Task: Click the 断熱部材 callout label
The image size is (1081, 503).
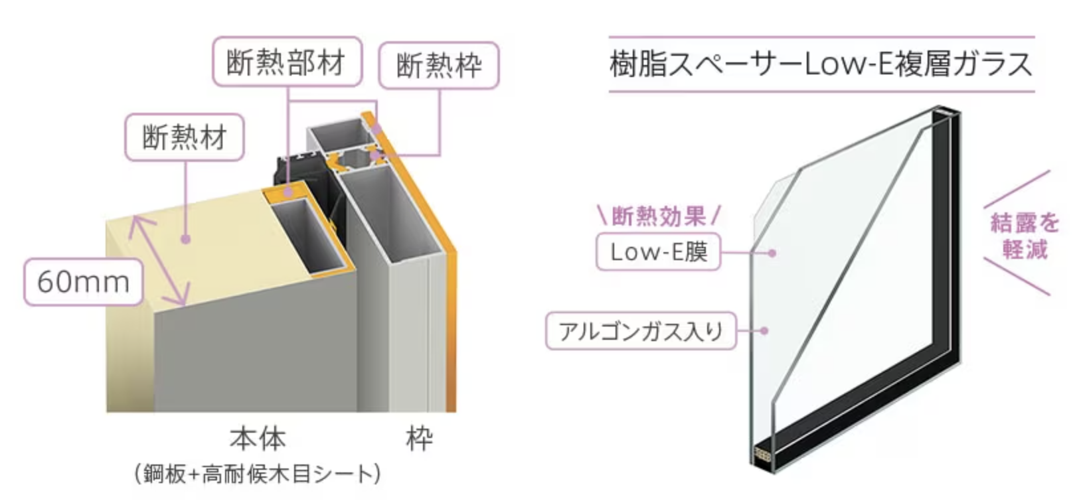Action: (287, 62)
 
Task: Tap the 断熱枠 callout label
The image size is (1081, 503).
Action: (438, 66)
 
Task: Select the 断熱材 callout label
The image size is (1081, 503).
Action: (185, 137)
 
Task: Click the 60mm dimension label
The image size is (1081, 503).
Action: (84, 282)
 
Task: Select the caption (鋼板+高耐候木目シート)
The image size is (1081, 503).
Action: (258, 474)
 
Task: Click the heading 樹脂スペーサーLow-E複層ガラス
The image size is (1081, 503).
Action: (821, 64)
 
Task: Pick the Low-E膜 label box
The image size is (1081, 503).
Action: (658, 251)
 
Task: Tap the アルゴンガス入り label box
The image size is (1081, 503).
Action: (641, 330)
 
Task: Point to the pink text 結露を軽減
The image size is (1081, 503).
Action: (1025, 236)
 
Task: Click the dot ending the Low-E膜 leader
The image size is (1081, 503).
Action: (772, 252)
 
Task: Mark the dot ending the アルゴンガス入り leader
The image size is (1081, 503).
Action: (765, 330)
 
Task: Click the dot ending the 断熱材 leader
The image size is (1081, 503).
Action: (186, 238)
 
